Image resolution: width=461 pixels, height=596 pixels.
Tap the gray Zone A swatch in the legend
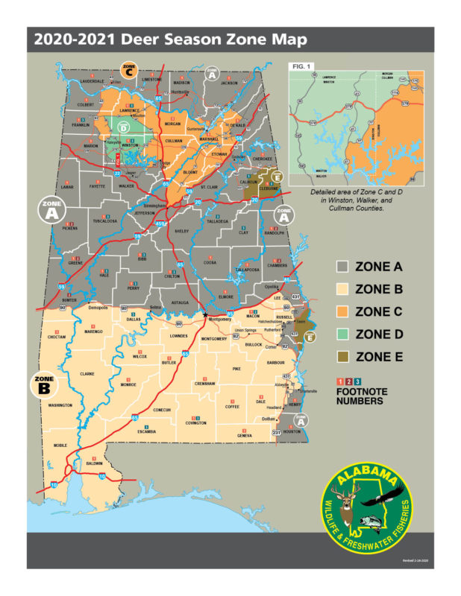tap(344, 267)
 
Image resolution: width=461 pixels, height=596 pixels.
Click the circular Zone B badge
tap(44, 385)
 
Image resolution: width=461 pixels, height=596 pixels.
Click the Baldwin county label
tap(94, 463)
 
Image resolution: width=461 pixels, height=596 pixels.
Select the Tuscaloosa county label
tap(86, 221)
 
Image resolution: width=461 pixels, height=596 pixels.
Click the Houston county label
tap(292, 432)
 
